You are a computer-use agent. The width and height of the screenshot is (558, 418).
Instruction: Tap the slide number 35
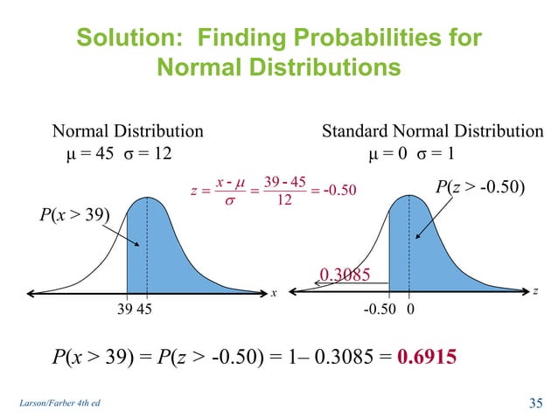[x=535, y=402]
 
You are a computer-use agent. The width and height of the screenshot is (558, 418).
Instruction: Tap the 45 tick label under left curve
[x=147, y=309]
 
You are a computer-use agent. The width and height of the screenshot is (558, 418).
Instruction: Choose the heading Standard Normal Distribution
[x=432, y=132]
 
